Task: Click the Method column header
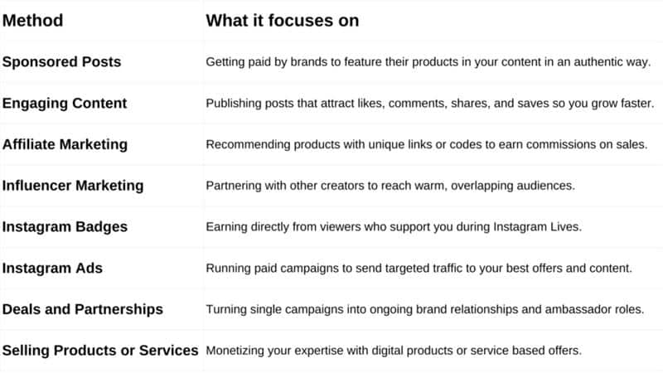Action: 33,21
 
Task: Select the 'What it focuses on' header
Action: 283,21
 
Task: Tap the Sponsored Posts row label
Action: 61,62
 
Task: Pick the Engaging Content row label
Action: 65,104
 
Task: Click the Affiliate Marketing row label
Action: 65,144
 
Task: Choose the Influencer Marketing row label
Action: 73,186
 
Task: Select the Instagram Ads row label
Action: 51,268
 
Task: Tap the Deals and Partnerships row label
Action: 83,309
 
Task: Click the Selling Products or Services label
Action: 100,351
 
